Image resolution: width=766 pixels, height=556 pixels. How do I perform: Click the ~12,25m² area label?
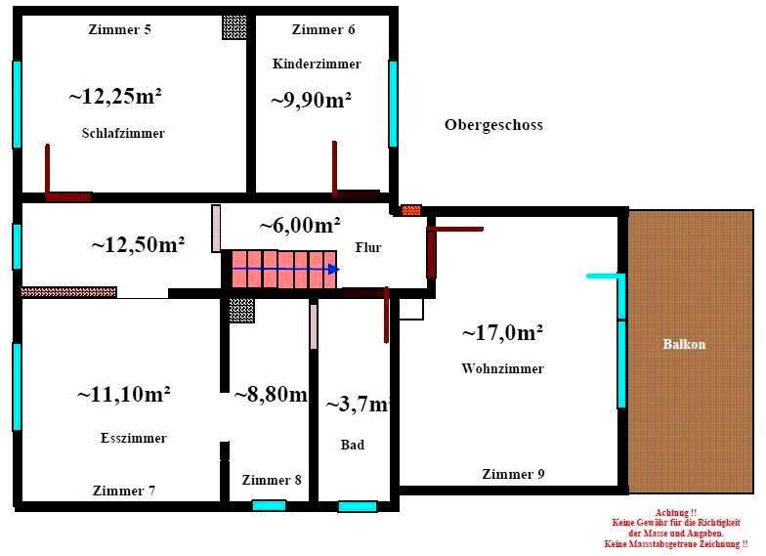pyautogui.click(x=115, y=96)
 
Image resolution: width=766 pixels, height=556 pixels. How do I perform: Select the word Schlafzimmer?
pyautogui.click(x=123, y=134)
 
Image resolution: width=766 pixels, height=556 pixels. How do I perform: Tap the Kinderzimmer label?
pyautogui.click(x=317, y=64)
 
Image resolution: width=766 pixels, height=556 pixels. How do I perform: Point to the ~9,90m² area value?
pyautogui.click(x=311, y=99)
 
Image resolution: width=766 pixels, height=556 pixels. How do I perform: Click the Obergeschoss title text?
pyautogui.click(x=493, y=125)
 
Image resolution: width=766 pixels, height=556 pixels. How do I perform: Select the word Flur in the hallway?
pyautogui.click(x=368, y=248)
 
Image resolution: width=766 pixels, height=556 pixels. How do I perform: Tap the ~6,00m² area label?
pyautogui.click(x=300, y=225)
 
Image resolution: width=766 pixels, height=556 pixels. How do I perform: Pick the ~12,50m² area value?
pyautogui.click(x=139, y=244)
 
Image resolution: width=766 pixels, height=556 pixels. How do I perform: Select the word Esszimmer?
pyautogui.click(x=134, y=439)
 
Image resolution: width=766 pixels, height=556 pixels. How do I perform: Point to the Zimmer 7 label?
pyautogui.click(x=124, y=492)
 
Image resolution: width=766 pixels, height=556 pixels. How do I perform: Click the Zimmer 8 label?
pyautogui.click(x=272, y=481)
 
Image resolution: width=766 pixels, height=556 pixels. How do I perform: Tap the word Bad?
pyautogui.click(x=353, y=446)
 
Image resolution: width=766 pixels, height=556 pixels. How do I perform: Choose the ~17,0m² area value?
pyautogui.click(x=502, y=333)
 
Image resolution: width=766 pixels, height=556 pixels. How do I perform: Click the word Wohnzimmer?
pyautogui.click(x=502, y=369)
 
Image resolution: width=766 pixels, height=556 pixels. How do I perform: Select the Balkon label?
pyautogui.click(x=684, y=345)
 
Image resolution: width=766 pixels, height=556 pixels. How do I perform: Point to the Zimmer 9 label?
pyautogui.click(x=513, y=475)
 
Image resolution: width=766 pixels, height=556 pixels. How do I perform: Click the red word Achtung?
pyautogui.click(x=676, y=513)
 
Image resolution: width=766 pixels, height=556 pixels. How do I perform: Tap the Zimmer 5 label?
pyautogui.click(x=119, y=29)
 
